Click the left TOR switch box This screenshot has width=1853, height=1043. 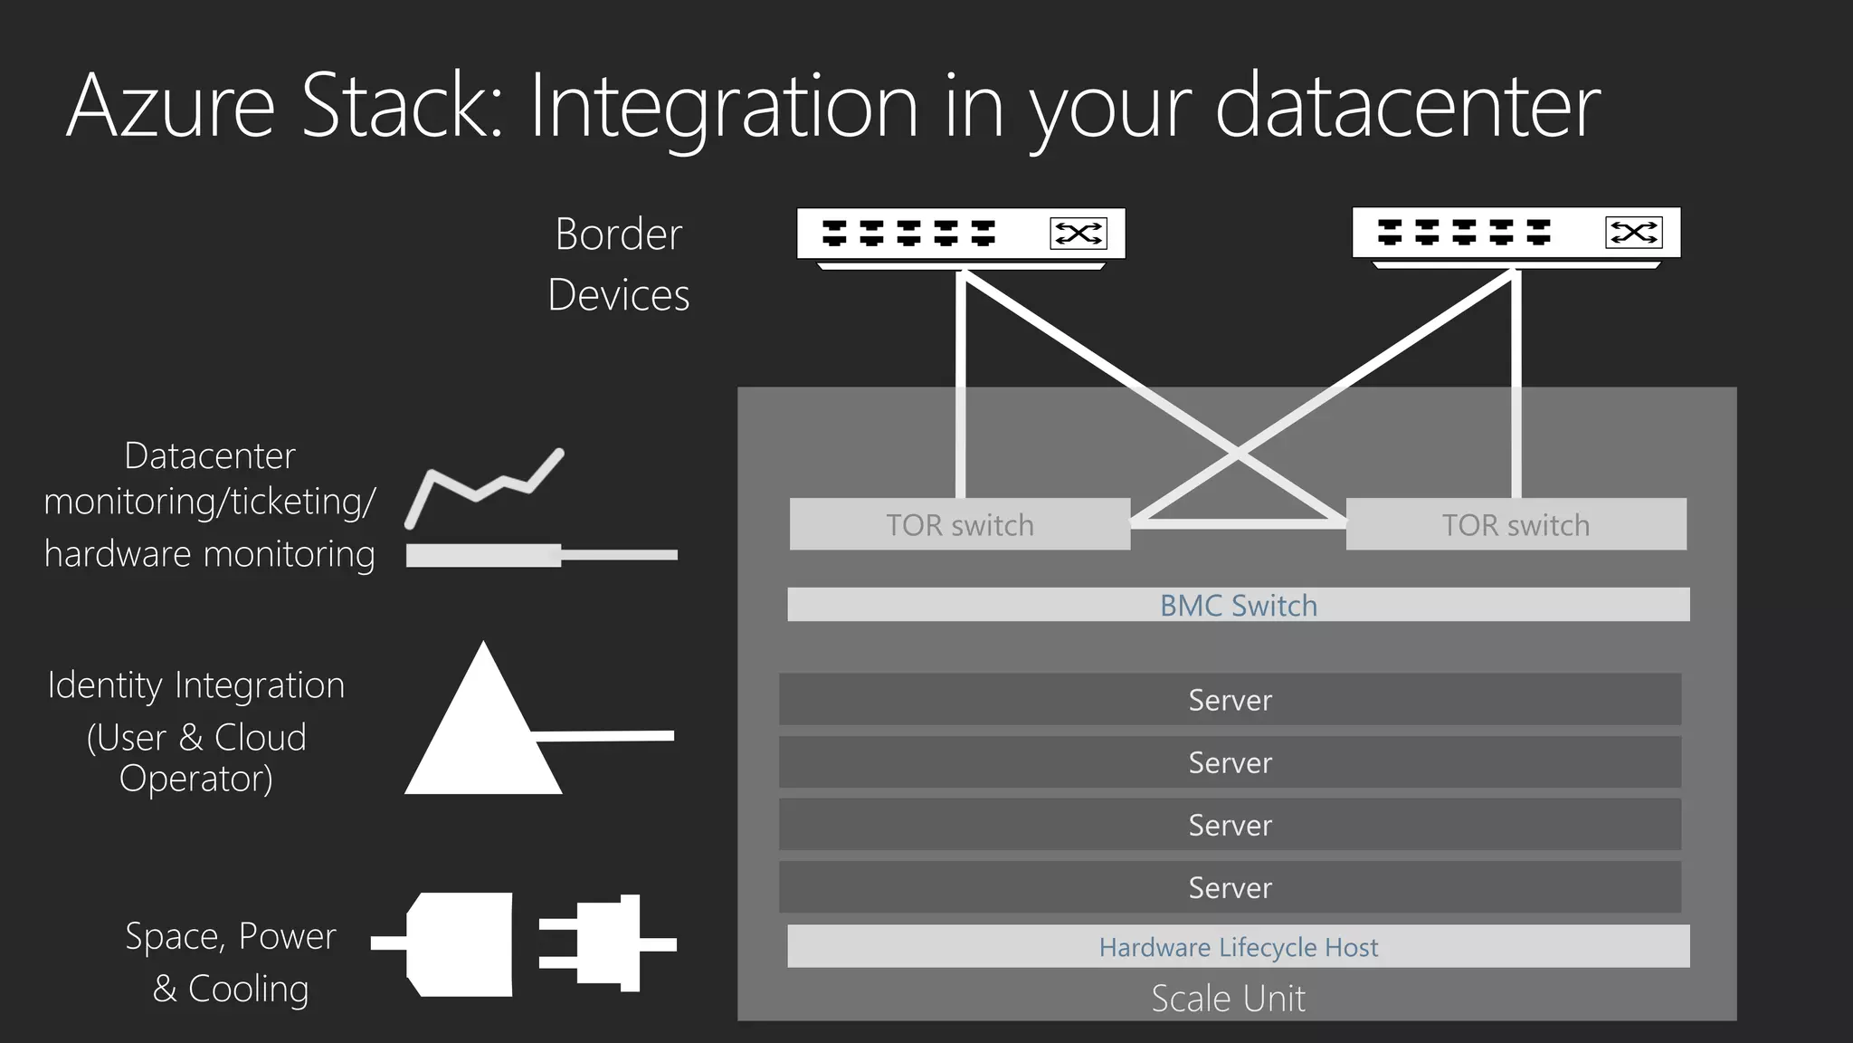[x=959, y=524]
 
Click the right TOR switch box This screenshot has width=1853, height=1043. [x=1516, y=524]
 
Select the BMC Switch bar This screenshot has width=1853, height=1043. [x=1238, y=605]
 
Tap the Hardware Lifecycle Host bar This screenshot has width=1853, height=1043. [x=1238, y=946]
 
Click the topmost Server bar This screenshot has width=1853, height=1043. [x=1230, y=699]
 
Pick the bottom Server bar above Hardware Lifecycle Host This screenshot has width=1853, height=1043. [x=1230, y=887]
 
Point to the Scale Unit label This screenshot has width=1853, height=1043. [x=1228, y=999]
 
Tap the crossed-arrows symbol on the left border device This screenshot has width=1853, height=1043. [x=1079, y=234]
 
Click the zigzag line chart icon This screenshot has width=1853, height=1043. [x=485, y=484]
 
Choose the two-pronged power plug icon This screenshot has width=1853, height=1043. [x=606, y=943]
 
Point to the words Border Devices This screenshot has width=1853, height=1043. [x=619, y=264]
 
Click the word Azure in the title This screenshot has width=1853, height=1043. [x=170, y=107]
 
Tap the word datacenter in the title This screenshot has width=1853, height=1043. [x=1407, y=107]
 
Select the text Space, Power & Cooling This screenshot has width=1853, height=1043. [x=231, y=962]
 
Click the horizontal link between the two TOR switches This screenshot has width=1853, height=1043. [x=1238, y=523]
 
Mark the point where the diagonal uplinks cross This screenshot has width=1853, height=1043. [x=1238, y=455]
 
